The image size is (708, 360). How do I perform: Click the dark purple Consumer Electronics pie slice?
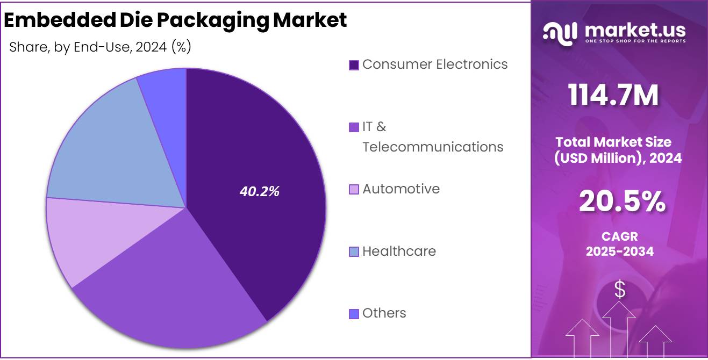coord(253,161)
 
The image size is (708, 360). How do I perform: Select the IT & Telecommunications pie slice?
coord(172,285)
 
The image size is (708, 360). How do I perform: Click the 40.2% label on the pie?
coord(260,192)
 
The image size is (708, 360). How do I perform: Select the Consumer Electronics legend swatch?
coord(354,65)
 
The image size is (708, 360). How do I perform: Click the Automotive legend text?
coord(401,189)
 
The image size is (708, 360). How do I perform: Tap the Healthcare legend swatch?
coord(354,251)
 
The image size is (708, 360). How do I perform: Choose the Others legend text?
coord(384,313)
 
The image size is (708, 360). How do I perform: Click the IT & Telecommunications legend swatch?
coord(354,127)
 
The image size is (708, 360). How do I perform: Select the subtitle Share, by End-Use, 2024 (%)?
coord(101,47)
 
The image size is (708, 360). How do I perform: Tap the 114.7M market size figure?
coord(613,96)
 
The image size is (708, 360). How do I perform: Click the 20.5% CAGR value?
coord(622,203)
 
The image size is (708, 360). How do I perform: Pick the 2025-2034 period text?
coord(620,251)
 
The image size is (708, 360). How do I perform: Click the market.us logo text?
coord(634,30)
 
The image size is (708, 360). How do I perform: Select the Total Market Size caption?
coord(613,142)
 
